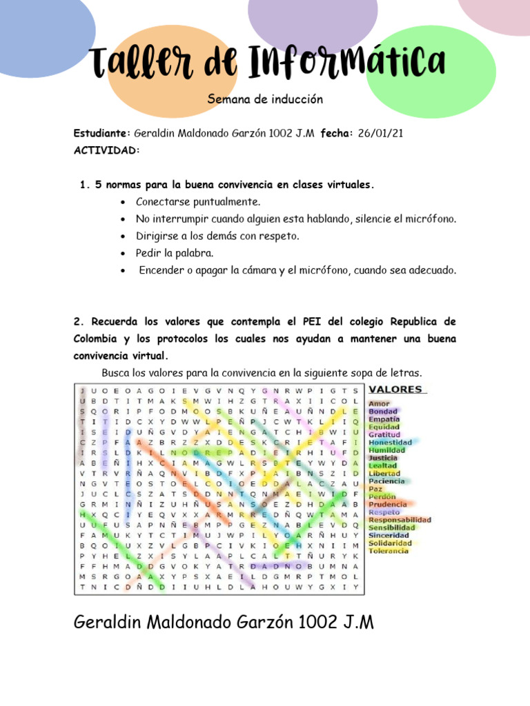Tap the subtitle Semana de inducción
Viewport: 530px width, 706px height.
[x=265, y=100]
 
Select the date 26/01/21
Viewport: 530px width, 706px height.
[x=380, y=133]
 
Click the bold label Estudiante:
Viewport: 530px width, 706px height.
[x=102, y=133]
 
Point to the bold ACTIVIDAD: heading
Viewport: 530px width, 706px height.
[x=106, y=150]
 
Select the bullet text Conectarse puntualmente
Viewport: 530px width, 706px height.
[x=198, y=202]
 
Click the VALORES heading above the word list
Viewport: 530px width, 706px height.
[x=398, y=390]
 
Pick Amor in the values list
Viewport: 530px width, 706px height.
[x=379, y=403]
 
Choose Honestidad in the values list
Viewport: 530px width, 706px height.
[x=390, y=442]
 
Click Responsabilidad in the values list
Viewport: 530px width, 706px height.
[x=400, y=519]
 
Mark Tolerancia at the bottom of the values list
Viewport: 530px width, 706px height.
[x=389, y=550]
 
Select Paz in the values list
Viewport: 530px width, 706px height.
[x=375, y=488]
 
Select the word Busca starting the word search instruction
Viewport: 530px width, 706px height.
[x=116, y=373]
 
